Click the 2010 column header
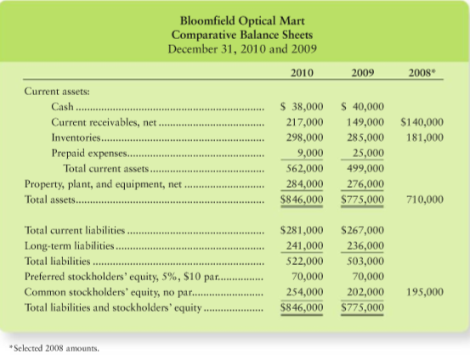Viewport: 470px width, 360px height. click(302, 73)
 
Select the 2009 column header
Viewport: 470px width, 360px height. click(363, 73)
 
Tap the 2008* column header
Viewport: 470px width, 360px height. click(422, 73)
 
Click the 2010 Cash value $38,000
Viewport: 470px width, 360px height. click(302, 107)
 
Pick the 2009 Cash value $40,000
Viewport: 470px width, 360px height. click(363, 107)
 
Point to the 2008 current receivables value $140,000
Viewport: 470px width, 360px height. click(422, 122)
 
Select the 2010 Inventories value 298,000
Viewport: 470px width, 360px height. click(304, 138)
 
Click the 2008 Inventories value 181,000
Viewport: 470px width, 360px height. click(425, 138)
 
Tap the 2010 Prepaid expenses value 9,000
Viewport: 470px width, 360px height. click(310, 153)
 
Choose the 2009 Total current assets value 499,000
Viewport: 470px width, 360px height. click(365, 168)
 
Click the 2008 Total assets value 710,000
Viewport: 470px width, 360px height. click(425, 200)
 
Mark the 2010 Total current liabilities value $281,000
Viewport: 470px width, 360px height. click(302, 230)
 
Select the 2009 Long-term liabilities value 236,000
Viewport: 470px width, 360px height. click(365, 246)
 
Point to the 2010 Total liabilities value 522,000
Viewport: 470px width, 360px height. click(304, 262)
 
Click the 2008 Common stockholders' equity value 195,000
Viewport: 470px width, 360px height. click(425, 292)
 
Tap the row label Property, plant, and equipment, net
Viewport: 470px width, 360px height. click(103, 184)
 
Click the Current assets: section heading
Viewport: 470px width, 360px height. click(57, 91)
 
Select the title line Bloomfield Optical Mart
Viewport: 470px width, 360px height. click(242, 21)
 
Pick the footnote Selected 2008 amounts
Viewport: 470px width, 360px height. click(54, 348)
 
